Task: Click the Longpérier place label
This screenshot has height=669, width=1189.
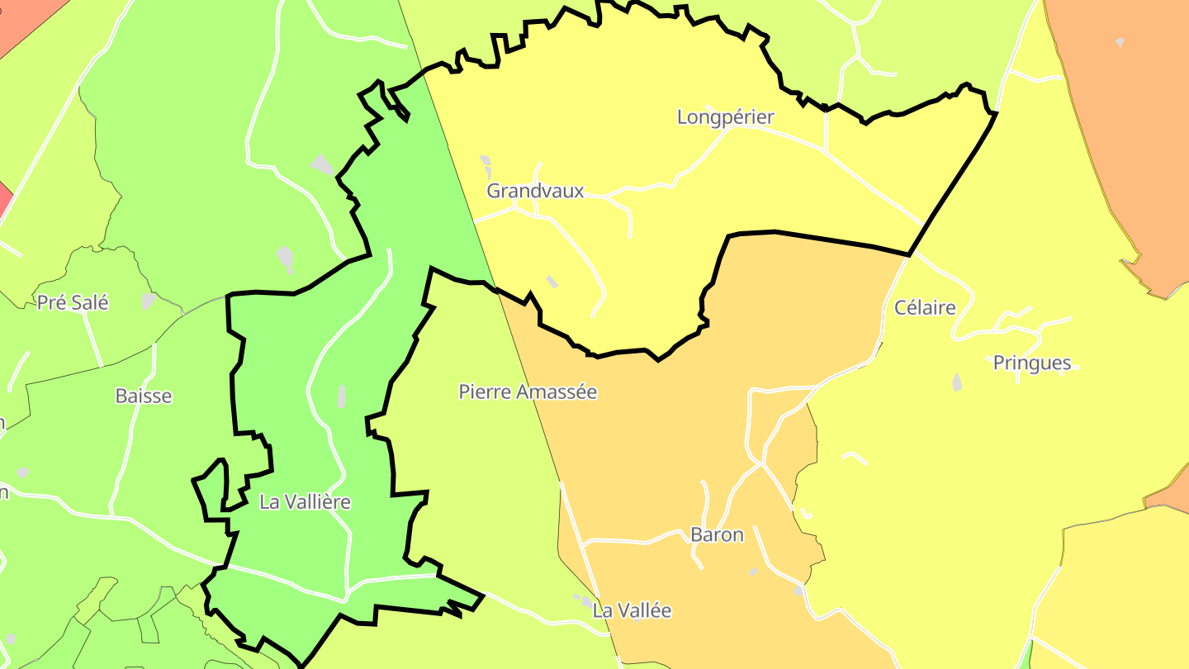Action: point(725,117)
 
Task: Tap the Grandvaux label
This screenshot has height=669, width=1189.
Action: point(535,191)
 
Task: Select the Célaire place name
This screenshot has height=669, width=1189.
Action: point(925,308)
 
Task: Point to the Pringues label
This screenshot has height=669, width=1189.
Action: point(1032,363)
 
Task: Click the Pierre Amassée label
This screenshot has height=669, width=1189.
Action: point(528,391)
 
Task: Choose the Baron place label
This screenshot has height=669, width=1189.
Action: point(717,534)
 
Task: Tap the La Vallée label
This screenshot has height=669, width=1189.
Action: point(632,610)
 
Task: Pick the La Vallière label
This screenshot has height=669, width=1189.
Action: point(305,501)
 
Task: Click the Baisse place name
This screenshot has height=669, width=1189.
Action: point(144,396)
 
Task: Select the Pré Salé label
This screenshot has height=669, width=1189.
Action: point(73,302)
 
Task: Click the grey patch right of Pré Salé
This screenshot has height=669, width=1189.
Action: point(149,301)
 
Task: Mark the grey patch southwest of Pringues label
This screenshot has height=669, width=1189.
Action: point(957,382)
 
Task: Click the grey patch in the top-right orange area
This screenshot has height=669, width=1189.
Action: point(1120,42)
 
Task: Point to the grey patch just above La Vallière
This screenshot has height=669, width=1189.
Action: point(341,396)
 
